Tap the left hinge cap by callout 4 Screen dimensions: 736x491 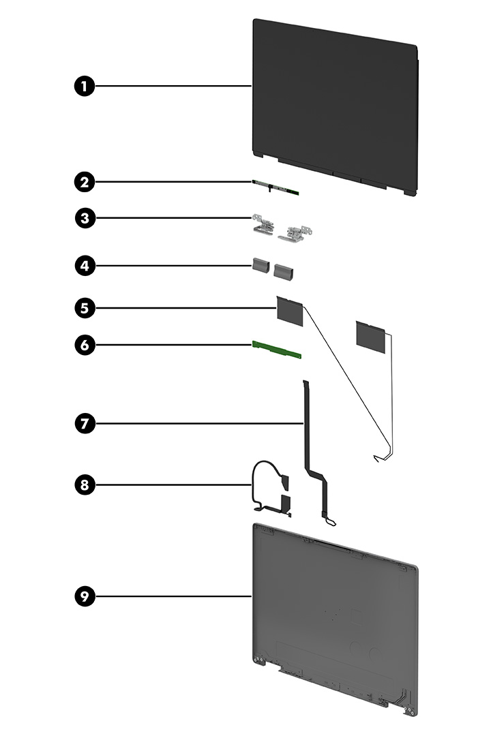coord(260,266)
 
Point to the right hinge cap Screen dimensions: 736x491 coord(282,271)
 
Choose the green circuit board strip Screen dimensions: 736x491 coord(276,348)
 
